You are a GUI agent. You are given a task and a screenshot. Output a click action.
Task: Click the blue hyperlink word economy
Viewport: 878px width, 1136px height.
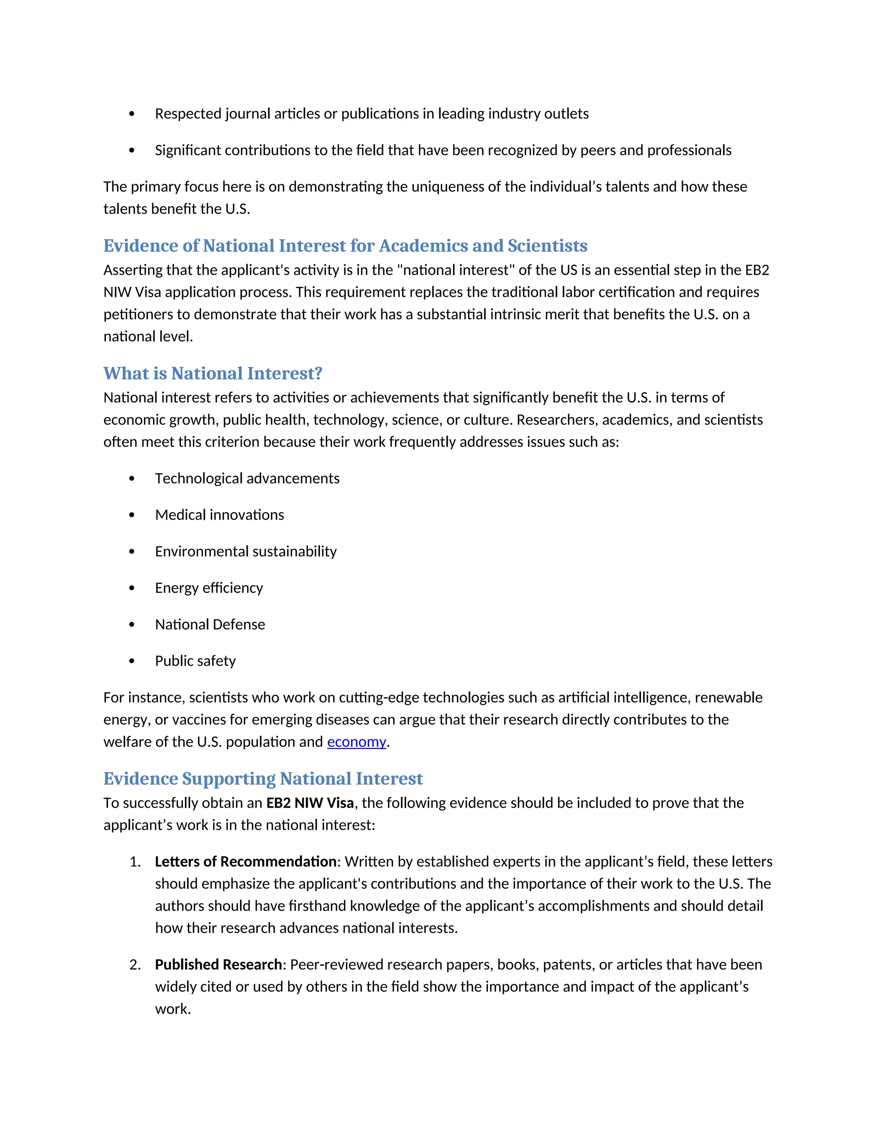click(356, 742)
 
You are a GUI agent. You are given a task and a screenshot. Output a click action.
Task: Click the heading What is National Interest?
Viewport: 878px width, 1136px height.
click(213, 373)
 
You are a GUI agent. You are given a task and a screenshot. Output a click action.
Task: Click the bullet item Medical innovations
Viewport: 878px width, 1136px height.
click(219, 515)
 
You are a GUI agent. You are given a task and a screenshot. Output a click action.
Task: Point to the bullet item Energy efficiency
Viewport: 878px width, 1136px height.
click(209, 588)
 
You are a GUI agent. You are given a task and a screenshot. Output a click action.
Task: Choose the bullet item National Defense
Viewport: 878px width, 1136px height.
click(210, 624)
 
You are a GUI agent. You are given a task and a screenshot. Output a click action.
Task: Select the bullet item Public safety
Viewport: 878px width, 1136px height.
click(195, 661)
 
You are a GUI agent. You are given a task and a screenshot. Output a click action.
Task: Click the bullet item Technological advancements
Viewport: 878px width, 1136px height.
click(247, 478)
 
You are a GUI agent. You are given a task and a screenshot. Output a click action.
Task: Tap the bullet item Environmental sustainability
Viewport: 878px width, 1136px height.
click(246, 551)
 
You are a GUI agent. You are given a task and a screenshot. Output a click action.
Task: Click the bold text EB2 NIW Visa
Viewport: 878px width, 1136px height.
click(310, 803)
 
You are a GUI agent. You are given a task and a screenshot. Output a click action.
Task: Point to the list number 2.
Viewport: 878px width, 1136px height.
click(134, 965)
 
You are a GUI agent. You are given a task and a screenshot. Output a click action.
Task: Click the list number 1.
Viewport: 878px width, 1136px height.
click(134, 862)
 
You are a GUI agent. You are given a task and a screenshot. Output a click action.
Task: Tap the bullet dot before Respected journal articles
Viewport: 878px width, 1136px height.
click(132, 114)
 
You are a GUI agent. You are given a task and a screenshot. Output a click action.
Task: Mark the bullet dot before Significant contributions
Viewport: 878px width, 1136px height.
click(132, 150)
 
